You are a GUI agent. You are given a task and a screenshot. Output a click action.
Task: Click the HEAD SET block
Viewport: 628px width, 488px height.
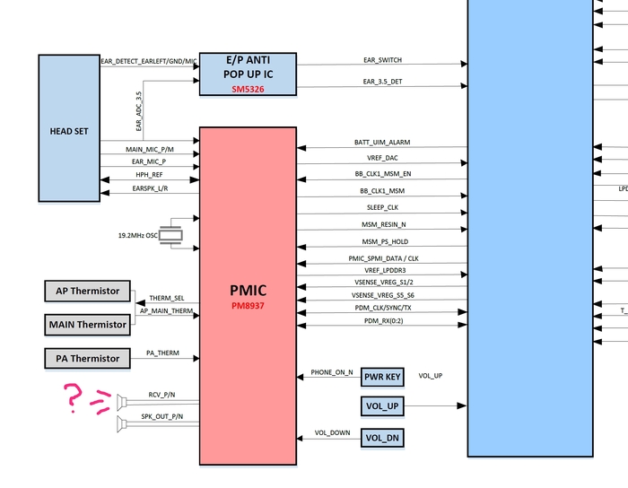pyautogui.click(x=69, y=127)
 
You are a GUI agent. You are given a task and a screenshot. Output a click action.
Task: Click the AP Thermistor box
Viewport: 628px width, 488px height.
pyautogui.click(x=87, y=292)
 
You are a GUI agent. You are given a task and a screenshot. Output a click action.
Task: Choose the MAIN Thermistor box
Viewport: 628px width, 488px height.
pyautogui.click(x=87, y=324)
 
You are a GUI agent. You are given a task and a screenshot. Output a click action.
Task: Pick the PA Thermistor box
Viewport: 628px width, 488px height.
pyautogui.click(x=87, y=358)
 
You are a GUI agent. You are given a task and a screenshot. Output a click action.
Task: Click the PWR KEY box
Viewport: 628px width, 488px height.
pyautogui.click(x=382, y=378)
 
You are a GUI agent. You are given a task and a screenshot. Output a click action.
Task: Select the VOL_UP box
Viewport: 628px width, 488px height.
pyautogui.click(x=382, y=407)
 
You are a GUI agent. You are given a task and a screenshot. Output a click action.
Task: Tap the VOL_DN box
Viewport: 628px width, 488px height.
pyautogui.click(x=382, y=438)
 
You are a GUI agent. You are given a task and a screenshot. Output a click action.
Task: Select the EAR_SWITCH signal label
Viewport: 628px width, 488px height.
pyautogui.click(x=382, y=60)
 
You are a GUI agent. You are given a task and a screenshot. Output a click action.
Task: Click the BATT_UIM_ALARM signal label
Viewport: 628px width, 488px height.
pyautogui.click(x=382, y=143)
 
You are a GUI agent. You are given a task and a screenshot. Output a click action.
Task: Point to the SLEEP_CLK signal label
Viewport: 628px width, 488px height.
pyautogui.click(x=380, y=207)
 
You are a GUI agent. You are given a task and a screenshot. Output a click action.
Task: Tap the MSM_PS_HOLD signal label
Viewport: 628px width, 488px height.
pyautogui.click(x=383, y=242)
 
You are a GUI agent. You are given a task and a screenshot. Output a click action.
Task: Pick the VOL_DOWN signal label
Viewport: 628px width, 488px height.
pyautogui.click(x=332, y=432)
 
